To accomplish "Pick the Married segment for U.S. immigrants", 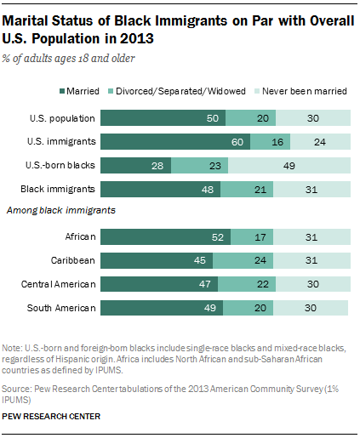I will pos(185,142).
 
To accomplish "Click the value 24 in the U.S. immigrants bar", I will pos(319,142).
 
